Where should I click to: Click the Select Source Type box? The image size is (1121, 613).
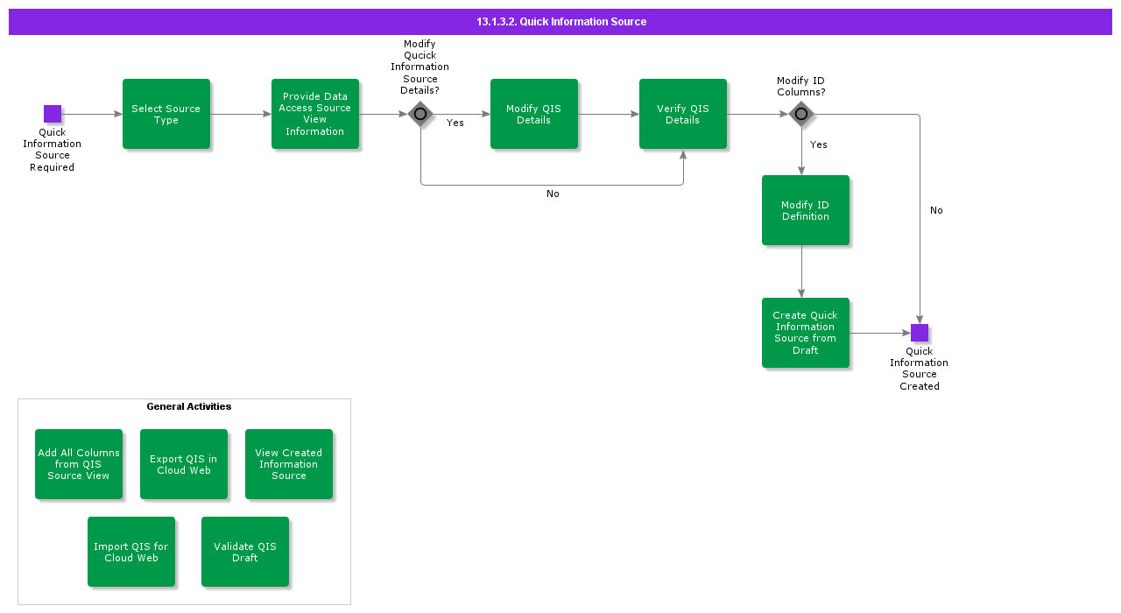coord(166,114)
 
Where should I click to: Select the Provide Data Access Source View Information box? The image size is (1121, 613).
coord(315,114)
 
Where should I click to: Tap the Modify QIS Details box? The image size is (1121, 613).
coord(534,114)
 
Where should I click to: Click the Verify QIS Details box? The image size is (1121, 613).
coord(683,114)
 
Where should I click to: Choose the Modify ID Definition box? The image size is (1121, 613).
coord(806,210)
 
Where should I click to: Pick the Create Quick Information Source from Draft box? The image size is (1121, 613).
coord(806,333)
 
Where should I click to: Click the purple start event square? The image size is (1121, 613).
coord(53,114)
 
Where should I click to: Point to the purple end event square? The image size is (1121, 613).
coord(920,333)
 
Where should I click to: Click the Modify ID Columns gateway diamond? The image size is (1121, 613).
coord(800,114)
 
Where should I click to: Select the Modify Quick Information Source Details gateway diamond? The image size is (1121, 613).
coord(420,114)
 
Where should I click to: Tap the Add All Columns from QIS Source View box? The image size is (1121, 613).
coord(79,464)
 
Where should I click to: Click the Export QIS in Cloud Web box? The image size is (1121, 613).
coord(184,464)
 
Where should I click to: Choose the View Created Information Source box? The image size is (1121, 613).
coord(289,464)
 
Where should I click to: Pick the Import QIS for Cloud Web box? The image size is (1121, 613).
coord(131,552)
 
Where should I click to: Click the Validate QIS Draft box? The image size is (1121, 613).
coord(245,552)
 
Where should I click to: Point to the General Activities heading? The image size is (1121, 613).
coord(189,406)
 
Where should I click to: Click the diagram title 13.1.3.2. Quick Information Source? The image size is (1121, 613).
coord(561,22)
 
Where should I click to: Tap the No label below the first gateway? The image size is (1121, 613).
coord(553,194)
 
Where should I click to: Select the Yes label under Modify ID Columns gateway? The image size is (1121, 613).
coord(819,144)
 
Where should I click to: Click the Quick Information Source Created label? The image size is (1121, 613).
coord(920,369)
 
